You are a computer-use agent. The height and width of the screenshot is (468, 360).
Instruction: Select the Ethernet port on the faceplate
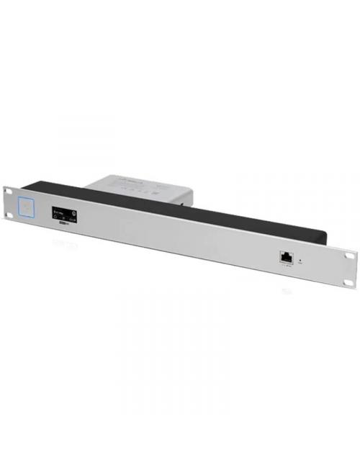tap(284, 256)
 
